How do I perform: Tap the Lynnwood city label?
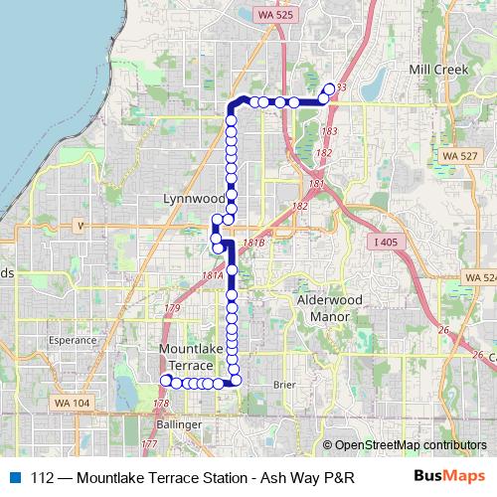pos(194,199)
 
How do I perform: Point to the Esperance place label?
pos(73,339)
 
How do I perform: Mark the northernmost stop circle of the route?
pos(330,88)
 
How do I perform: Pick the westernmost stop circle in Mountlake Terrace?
pos(166,381)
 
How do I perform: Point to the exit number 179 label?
pos(172,310)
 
